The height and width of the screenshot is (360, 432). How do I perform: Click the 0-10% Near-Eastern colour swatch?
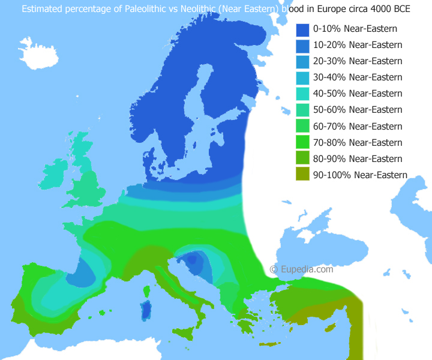pos(302,29)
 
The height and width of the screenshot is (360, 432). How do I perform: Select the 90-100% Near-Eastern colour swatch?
pos(302,175)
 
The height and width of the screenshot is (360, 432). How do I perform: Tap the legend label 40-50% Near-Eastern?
pos(357,94)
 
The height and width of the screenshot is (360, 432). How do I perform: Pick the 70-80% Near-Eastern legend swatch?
pos(302,142)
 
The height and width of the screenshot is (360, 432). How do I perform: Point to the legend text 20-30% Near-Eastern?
pos(357,61)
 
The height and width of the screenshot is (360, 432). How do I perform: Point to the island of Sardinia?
pos(145,311)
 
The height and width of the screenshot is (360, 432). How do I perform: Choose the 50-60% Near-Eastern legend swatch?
pos(302,110)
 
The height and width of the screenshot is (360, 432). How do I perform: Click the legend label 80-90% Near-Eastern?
pos(357,158)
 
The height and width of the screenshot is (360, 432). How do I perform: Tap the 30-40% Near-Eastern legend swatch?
pos(302,77)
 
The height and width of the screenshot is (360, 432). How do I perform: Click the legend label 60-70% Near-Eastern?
pos(357,126)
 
